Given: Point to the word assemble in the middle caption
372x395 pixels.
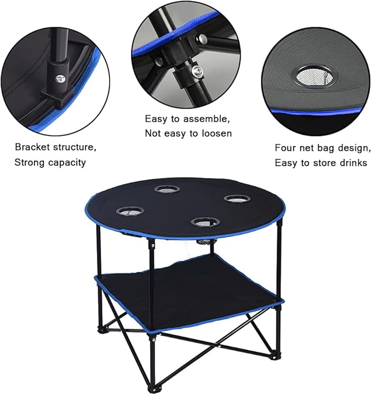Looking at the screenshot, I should [208, 118].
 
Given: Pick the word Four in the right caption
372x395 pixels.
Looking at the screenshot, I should [285, 147].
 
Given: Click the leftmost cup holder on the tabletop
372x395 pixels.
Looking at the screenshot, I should [127, 210].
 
